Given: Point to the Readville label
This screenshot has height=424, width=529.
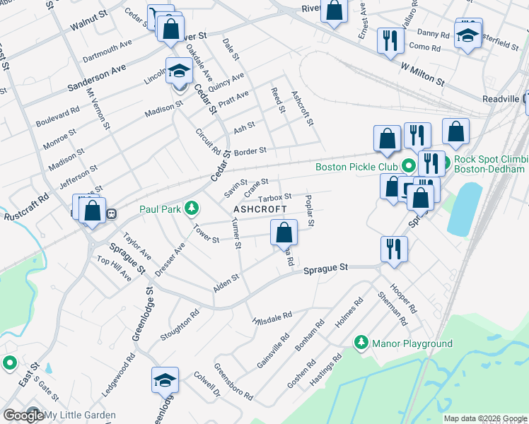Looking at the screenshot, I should point(501,100).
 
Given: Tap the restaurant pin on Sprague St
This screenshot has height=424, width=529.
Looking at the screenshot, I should point(393,249).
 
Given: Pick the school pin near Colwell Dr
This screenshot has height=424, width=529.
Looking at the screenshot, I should point(164,380).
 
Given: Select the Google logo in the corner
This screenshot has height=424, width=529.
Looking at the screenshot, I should point(23,416).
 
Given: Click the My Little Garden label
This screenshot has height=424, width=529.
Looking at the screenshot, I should point(80,416).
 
